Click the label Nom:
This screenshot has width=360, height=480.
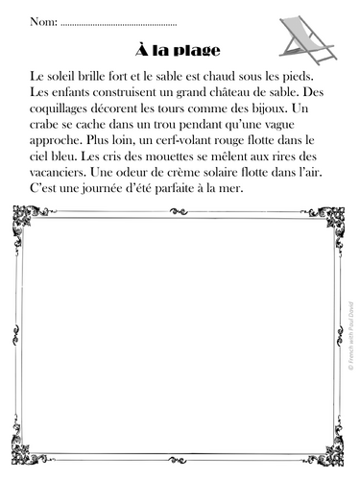(x=42, y=21)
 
